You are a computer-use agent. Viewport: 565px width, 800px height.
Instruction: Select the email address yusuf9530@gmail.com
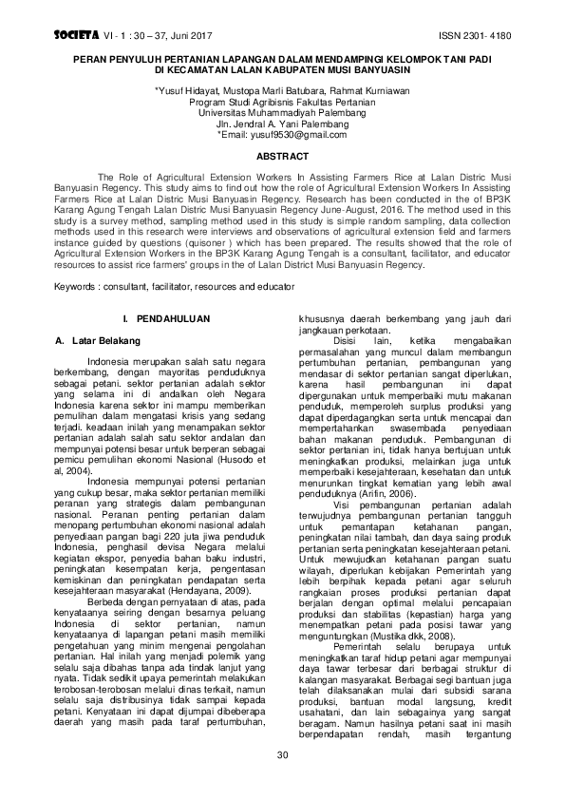(x=306, y=135)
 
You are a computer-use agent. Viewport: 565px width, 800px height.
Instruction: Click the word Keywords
(x=79, y=285)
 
